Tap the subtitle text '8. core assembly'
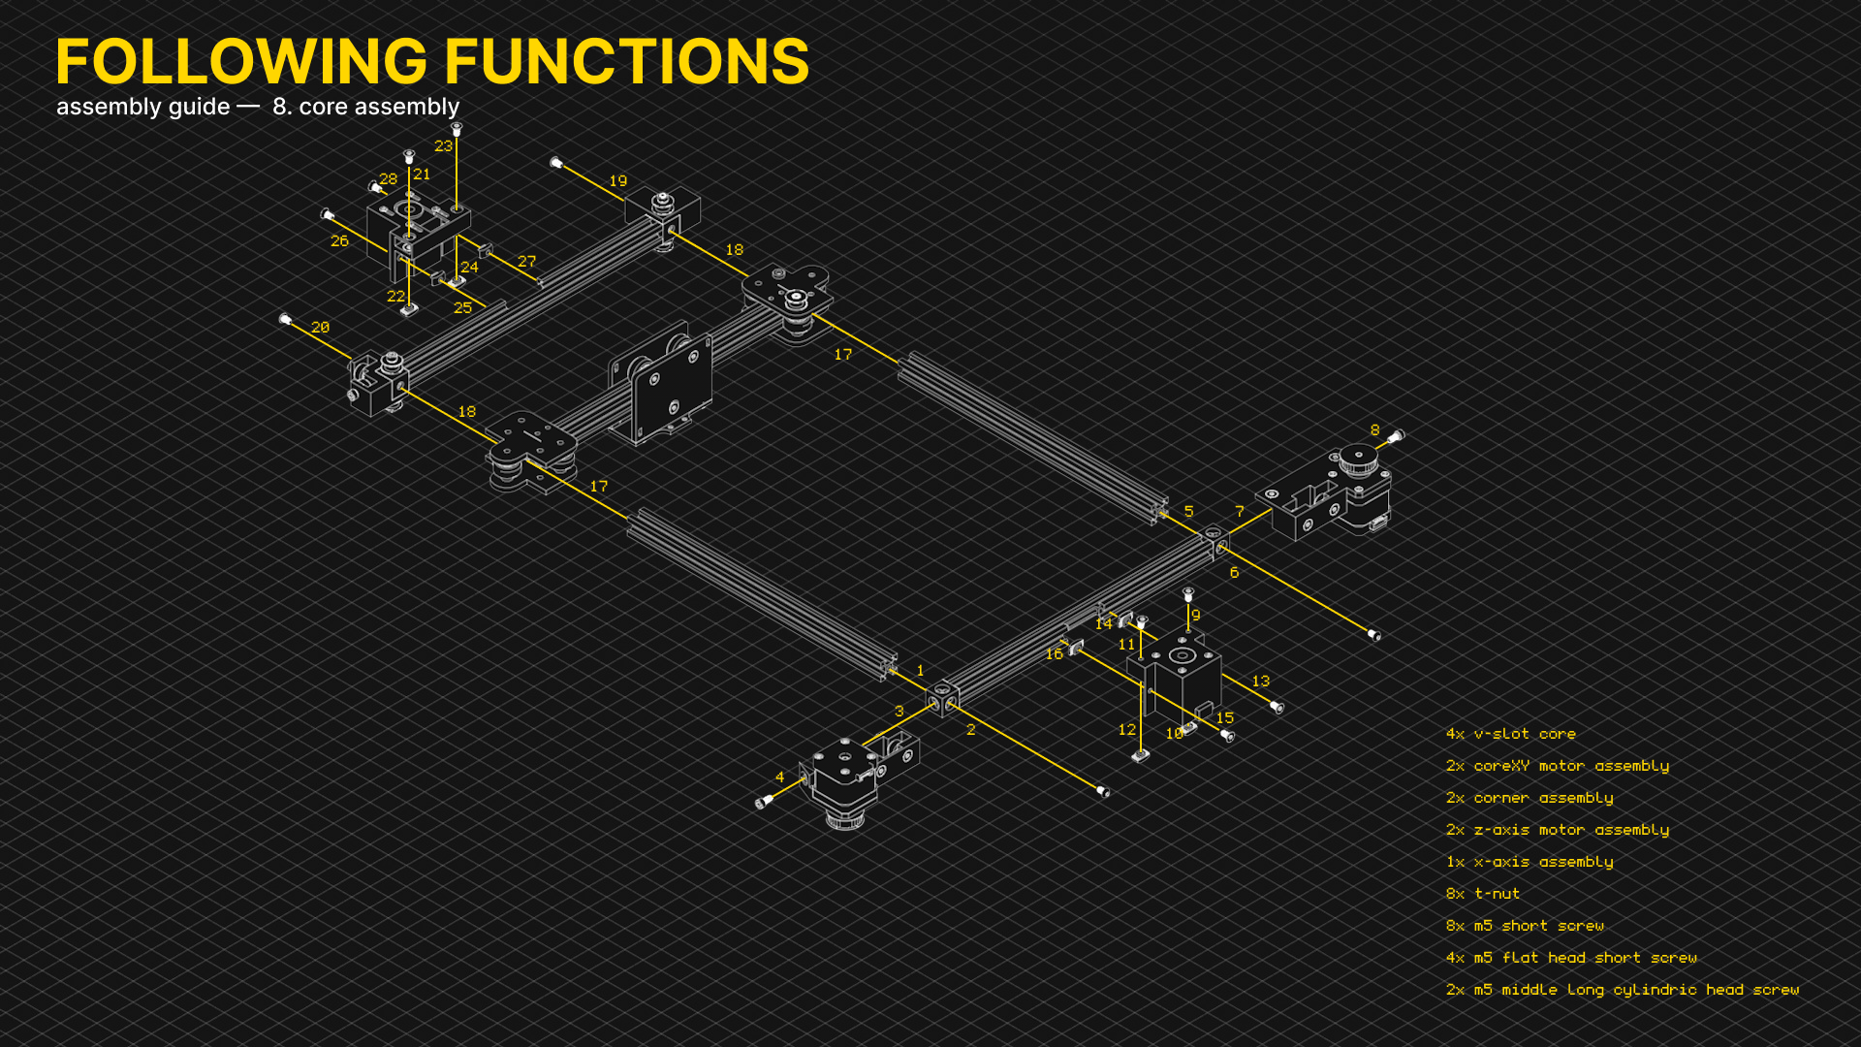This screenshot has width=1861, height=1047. tap(365, 107)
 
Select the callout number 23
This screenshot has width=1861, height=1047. tap(443, 146)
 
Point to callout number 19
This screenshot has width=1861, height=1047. tap(617, 181)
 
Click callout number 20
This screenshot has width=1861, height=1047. tap(320, 328)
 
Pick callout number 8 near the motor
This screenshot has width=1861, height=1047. tap(1374, 430)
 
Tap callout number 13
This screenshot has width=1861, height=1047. tap(1260, 682)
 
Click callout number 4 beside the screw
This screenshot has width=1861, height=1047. tap(779, 777)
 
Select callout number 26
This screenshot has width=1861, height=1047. tap(339, 241)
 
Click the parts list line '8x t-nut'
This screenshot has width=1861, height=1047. tap(1483, 894)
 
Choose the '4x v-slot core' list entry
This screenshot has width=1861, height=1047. tap(1511, 734)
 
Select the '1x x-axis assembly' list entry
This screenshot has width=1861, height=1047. tap(1530, 862)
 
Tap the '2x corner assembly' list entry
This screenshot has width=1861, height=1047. tap(1530, 798)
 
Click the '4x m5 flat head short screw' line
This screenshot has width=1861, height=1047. tap(1571, 958)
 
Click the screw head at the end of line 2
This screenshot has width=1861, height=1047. tap(1103, 792)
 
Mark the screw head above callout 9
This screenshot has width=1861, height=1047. tap(1188, 593)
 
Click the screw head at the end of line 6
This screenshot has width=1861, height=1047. tap(1373, 635)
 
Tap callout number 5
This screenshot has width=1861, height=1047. tap(1188, 512)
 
